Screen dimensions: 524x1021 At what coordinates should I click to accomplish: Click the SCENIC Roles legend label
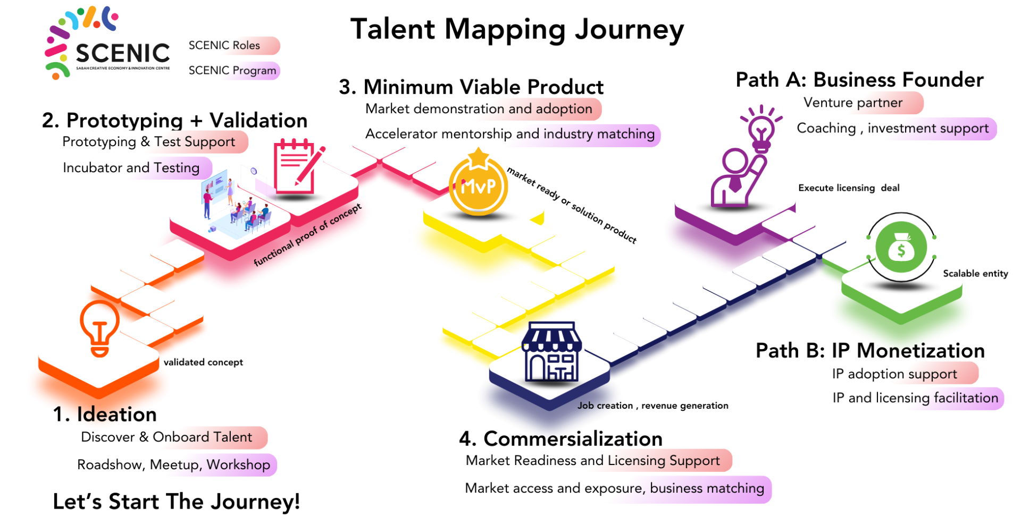228,46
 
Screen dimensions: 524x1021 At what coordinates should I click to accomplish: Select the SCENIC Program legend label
229,71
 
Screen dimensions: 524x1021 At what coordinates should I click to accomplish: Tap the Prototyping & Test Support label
154,142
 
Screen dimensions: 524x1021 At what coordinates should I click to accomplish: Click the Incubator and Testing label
136,168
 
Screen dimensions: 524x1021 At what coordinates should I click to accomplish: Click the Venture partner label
856,103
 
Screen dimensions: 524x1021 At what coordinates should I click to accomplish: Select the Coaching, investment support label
893,129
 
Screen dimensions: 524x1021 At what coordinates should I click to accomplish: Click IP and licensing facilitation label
915,398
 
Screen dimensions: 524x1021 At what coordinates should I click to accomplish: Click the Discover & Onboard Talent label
169,437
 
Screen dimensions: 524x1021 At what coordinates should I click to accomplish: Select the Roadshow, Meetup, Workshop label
174,465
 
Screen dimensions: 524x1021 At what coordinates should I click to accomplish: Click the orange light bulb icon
99,329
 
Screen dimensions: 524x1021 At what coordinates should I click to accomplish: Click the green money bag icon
901,248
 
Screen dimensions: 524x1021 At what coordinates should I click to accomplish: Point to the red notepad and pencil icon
297,167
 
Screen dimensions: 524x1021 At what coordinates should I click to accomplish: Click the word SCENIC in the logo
123,53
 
